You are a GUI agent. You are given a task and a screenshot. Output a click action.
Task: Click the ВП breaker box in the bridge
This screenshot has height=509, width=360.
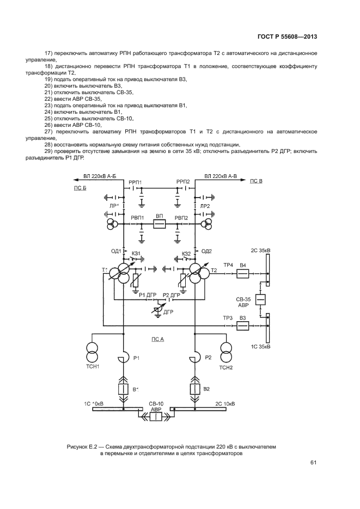tap(159, 224)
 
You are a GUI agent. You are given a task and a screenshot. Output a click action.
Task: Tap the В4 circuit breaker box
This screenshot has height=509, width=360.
tap(243, 274)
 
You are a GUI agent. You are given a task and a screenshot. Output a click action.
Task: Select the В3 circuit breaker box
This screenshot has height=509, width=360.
tap(243, 326)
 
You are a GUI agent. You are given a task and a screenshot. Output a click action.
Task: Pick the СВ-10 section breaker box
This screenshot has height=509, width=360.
tap(156, 416)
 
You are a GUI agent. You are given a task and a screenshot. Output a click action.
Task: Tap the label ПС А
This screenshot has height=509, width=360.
tap(157, 339)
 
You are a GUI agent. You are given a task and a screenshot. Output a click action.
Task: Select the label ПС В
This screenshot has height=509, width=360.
tap(257, 180)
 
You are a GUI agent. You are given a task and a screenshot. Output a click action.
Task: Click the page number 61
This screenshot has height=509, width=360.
tap(313, 463)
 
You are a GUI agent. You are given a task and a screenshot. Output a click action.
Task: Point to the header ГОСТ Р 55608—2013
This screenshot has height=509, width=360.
tap(288, 37)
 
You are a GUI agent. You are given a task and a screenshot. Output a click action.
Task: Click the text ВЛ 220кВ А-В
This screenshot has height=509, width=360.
tap(221, 176)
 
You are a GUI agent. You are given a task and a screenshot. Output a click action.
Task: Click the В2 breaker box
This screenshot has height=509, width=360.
tap(194, 389)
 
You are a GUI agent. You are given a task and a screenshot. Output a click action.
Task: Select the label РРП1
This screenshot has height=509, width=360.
tap(135, 182)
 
